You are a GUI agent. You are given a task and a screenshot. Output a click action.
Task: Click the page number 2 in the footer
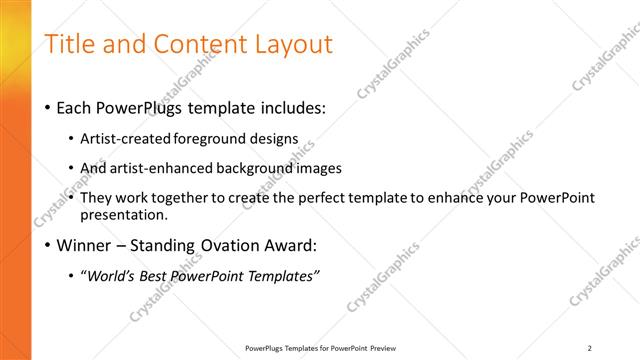click(590, 348)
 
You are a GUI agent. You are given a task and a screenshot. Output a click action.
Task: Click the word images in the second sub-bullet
click(319, 168)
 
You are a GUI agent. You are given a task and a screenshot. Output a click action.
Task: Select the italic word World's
click(114, 275)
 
